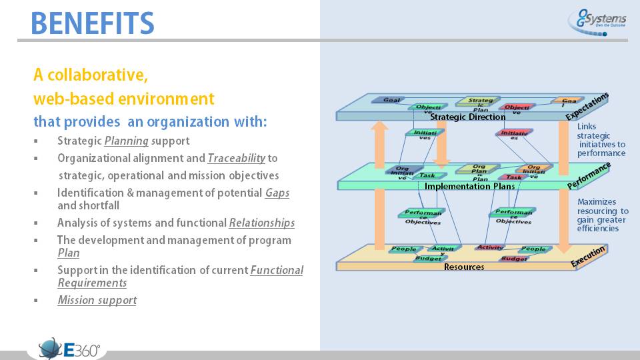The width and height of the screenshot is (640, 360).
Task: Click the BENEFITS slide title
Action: (x=93, y=23)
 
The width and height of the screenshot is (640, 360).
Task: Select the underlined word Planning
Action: (x=126, y=141)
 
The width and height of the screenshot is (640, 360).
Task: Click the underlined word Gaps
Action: (x=277, y=193)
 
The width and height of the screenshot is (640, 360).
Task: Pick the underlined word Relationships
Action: (x=261, y=223)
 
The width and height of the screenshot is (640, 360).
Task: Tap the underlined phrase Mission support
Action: (x=97, y=300)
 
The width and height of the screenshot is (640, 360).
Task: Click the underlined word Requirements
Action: (x=92, y=283)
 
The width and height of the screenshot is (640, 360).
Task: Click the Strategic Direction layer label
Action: (x=468, y=117)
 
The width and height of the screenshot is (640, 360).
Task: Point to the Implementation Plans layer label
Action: (x=469, y=186)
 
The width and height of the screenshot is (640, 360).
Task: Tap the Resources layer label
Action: (x=464, y=267)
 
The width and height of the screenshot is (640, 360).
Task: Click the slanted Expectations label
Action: (x=587, y=106)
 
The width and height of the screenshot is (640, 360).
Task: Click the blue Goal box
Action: (x=392, y=101)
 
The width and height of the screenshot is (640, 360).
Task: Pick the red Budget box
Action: (x=515, y=258)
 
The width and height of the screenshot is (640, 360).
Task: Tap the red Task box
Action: (x=513, y=177)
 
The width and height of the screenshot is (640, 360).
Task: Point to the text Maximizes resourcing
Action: (x=601, y=206)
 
